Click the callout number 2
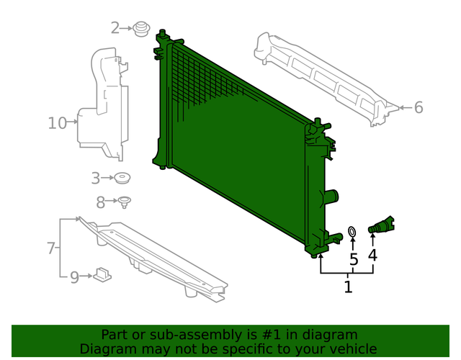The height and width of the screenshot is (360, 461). pyautogui.click(x=115, y=28)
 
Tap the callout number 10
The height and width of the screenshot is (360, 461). pyautogui.click(x=57, y=123)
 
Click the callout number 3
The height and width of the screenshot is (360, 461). pyautogui.click(x=95, y=177)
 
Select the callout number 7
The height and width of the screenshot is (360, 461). pyautogui.click(x=51, y=248)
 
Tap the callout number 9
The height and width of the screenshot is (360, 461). pyautogui.click(x=74, y=276)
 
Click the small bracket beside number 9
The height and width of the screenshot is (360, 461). pyautogui.click(x=102, y=274)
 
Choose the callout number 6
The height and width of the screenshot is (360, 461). pyautogui.click(x=419, y=108)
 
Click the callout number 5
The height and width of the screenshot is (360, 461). pyautogui.click(x=353, y=259)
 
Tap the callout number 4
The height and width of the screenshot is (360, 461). pyautogui.click(x=372, y=254)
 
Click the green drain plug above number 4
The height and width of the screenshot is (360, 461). pyautogui.click(x=382, y=225)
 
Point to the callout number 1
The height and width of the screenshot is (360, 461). pyautogui.click(x=348, y=288)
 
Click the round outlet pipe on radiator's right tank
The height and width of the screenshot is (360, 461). pyautogui.click(x=331, y=196)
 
